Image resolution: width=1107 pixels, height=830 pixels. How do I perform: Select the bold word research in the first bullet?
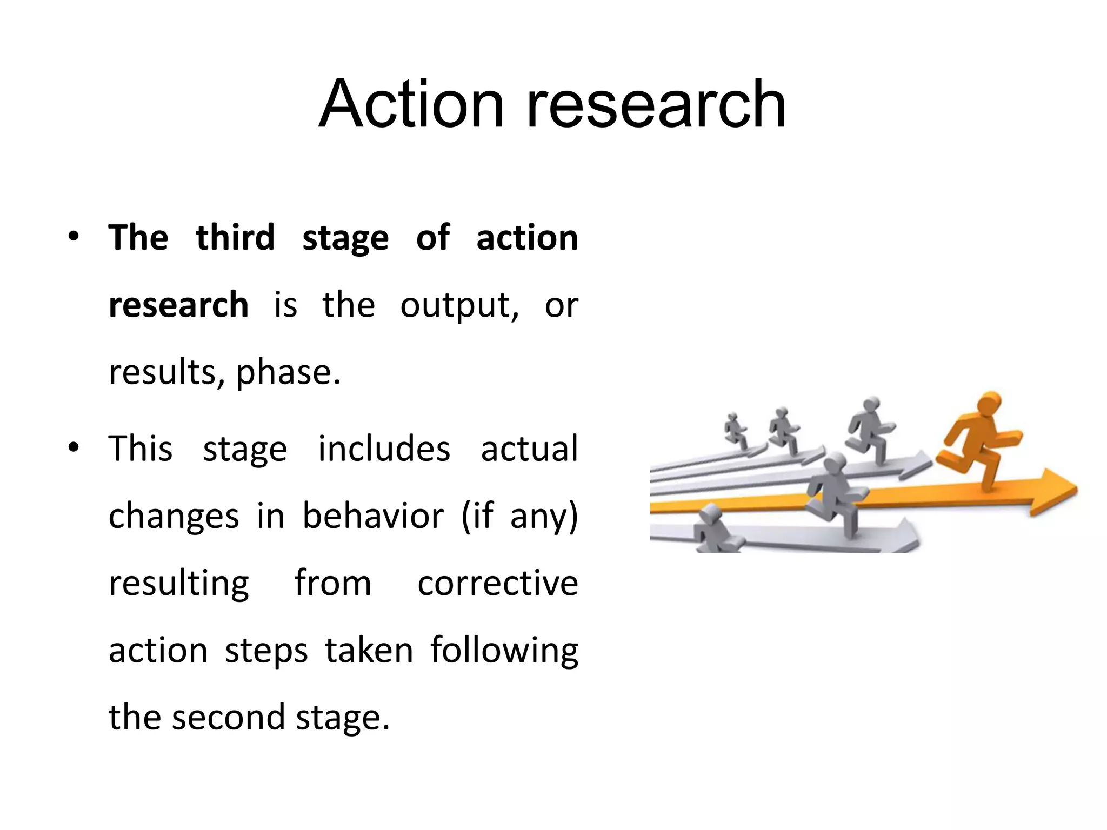point(178,304)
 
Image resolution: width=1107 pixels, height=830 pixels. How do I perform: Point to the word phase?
point(288,373)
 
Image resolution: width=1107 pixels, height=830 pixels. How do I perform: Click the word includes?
point(384,449)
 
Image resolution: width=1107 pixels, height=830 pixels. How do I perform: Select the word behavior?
point(373,516)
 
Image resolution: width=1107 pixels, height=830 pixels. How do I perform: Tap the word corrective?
point(498,583)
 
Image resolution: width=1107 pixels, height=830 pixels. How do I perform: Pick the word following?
point(504,651)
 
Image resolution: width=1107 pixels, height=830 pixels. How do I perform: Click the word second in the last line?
point(229,717)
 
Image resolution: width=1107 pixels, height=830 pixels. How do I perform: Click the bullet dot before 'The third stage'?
point(74,238)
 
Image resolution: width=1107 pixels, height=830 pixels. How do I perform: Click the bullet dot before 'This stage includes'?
point(74,448)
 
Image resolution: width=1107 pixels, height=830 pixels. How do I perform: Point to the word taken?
point(369,650)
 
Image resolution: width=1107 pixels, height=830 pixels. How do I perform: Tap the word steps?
point(266,651)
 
